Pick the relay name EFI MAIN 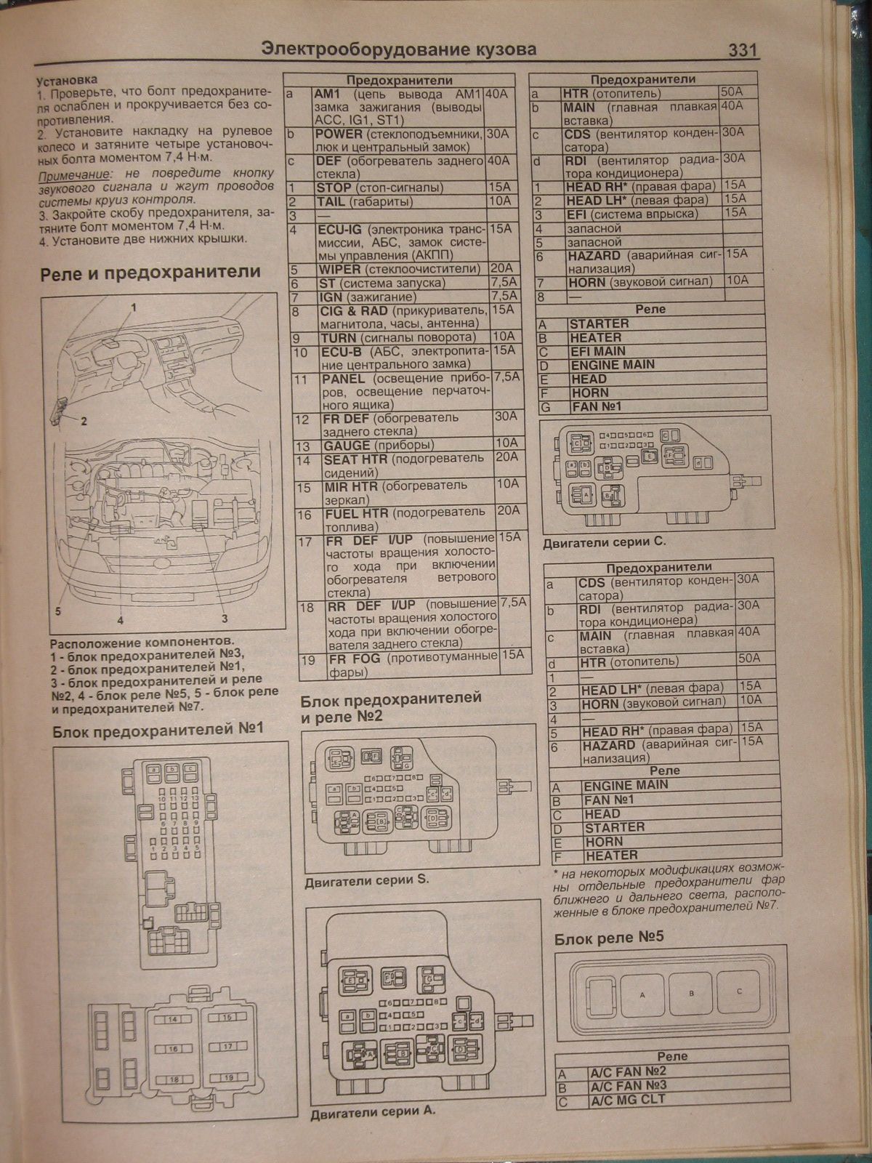pyautogui.click(x=598, y=351)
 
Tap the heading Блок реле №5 pyautogui.click(x=609, y=938)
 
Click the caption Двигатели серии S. pyautogui.click(x=367, y=880)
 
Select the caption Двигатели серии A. pyautogui.click(x=372, y=1112)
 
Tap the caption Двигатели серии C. pyautogui.click(x=604, y=542)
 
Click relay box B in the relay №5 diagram pyautogui.click(x=691, y=993)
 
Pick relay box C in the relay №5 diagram pyautogui.click(x=739, y=991)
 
